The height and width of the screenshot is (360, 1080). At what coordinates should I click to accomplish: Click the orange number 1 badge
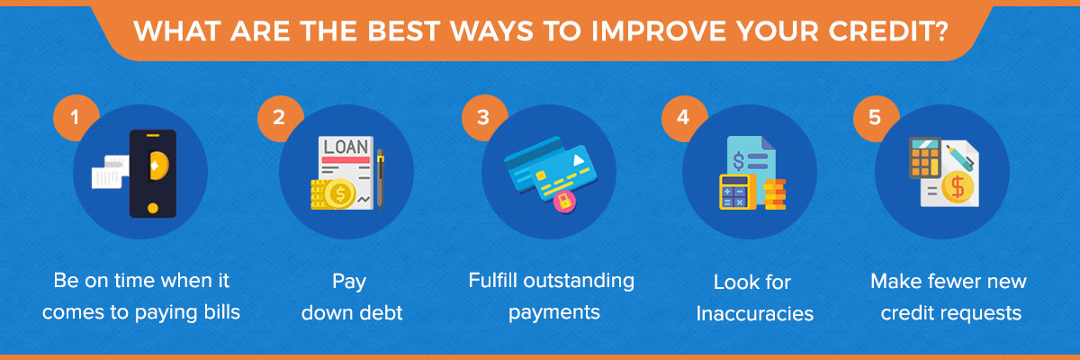(76, 118)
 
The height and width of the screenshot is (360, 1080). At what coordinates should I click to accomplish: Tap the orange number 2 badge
(280, 118)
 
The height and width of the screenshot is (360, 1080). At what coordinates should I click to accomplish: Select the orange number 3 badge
(484, 118)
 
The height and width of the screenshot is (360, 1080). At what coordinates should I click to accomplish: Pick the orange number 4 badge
(684, 118)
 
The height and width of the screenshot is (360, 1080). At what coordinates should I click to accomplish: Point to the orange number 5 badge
(876, 118)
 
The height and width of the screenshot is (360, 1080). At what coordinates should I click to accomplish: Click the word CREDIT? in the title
(888, 31)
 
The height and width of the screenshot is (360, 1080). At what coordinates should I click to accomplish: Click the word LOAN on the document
(346, 147)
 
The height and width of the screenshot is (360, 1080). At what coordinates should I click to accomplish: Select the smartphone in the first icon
(153, 174)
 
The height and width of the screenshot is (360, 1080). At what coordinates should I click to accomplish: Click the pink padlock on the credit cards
(564, 201)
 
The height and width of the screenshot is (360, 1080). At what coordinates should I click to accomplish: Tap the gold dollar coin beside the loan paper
(339, 193)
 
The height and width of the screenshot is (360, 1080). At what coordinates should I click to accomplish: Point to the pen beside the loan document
(381, 179)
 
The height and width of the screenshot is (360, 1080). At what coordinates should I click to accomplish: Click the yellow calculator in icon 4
(737, 192)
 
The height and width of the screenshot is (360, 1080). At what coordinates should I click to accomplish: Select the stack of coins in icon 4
(774, 194)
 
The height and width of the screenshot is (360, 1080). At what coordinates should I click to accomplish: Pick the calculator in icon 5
(925, 157)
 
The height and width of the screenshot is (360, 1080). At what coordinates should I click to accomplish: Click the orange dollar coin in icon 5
(957, 187)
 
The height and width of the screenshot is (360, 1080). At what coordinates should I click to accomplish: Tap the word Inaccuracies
(754, 314)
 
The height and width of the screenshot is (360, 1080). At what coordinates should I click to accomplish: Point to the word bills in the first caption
(221, 311)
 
